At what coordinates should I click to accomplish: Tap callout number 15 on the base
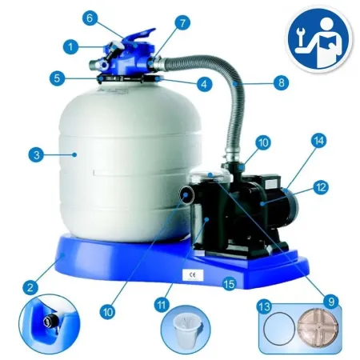pyautogui.click(x=230, y=283)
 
